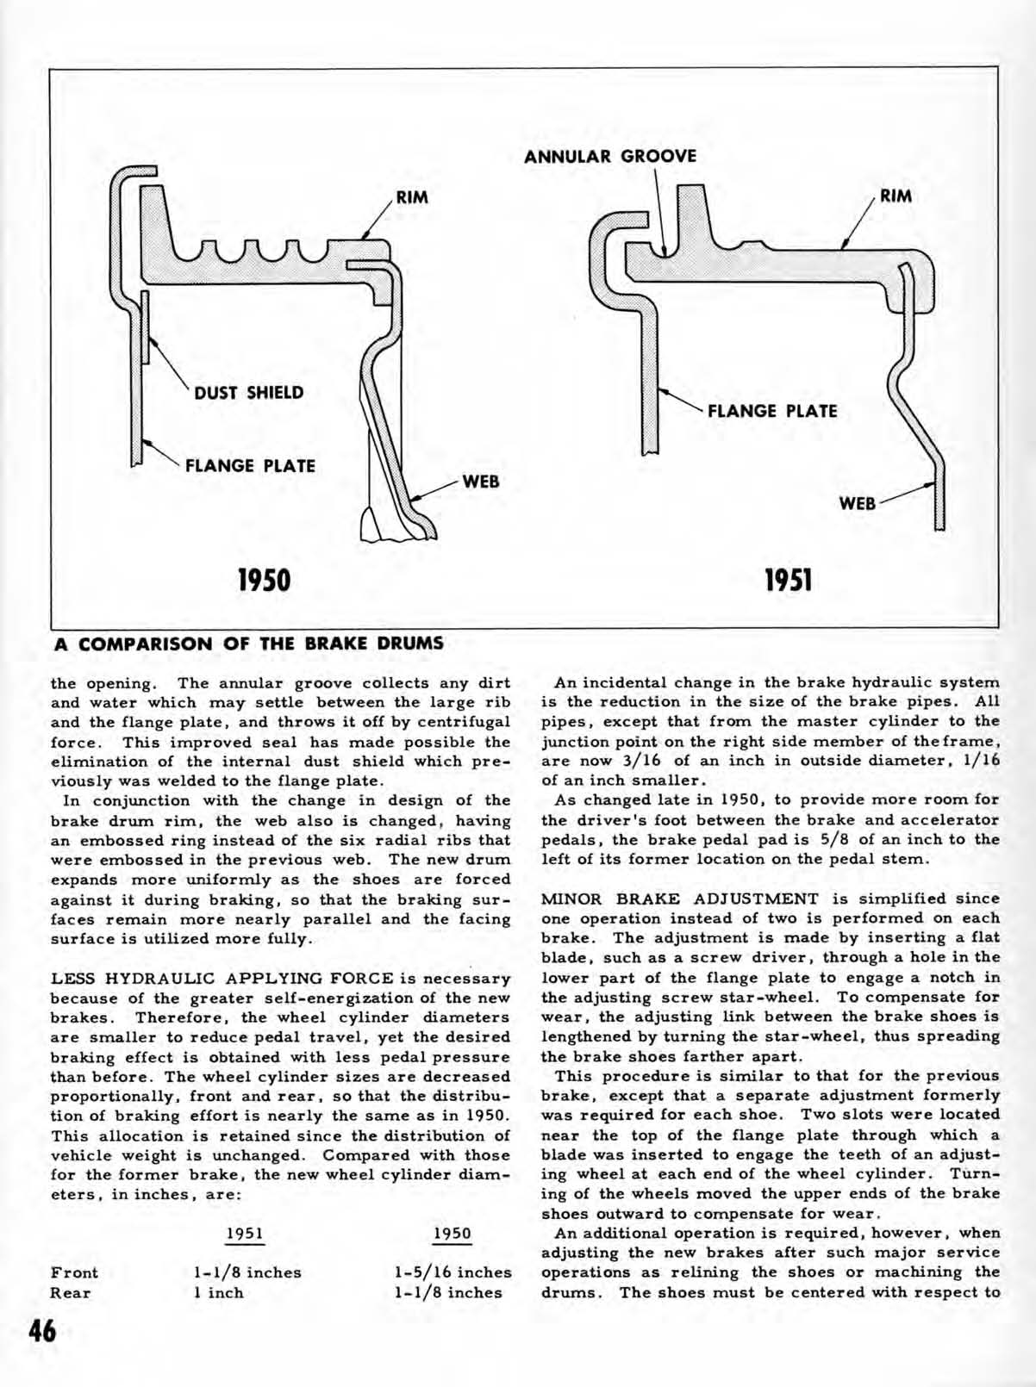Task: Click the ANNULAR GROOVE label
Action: tap(610, 157)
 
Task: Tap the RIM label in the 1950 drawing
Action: tap(412, 197)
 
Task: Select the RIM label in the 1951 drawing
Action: tap(896, 196)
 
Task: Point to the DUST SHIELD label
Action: tap(248, 393)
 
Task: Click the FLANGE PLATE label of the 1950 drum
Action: tap(250, 466)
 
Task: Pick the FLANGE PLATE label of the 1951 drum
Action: tap(771, 411)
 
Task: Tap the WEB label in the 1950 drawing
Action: tap(481, 482)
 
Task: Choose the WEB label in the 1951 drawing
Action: tap(857, 503)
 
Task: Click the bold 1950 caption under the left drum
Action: tap(265, 580)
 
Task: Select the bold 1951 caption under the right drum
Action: tap(788, 580)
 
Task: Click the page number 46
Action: tap(41, 1332)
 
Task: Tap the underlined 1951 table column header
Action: tap(244, 1233)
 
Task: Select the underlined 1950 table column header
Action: tap(452, 1233)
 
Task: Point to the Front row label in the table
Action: tap(74, 1272)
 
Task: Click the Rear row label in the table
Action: tap(70, 1292)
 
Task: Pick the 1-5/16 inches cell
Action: tap(452, 1272)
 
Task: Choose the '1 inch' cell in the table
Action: tap(218, 1292)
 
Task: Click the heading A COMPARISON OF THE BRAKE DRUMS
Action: tap(249, 644)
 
